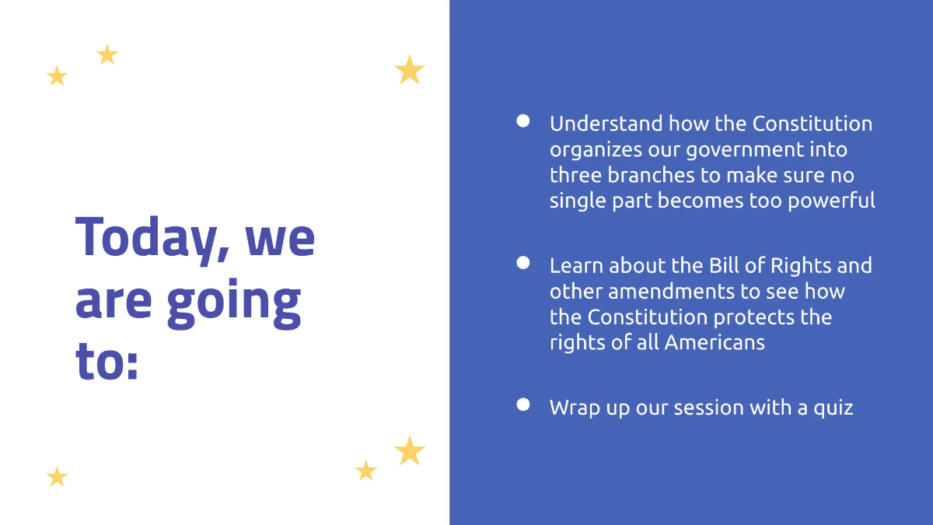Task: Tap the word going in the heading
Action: click(235, 301)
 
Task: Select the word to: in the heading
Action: click(107, 362)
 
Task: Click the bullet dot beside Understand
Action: click(523, 121)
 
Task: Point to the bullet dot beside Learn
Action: click(523, 263)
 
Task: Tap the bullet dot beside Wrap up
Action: click(523, 404)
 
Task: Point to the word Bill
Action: click(725, 265)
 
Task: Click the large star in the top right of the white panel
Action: click(409, 71)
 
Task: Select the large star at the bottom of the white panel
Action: click(409, 450)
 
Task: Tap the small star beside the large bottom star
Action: click(365, 471)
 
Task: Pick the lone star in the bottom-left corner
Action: click(57, 477)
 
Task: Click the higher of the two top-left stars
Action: click(107, 54)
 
